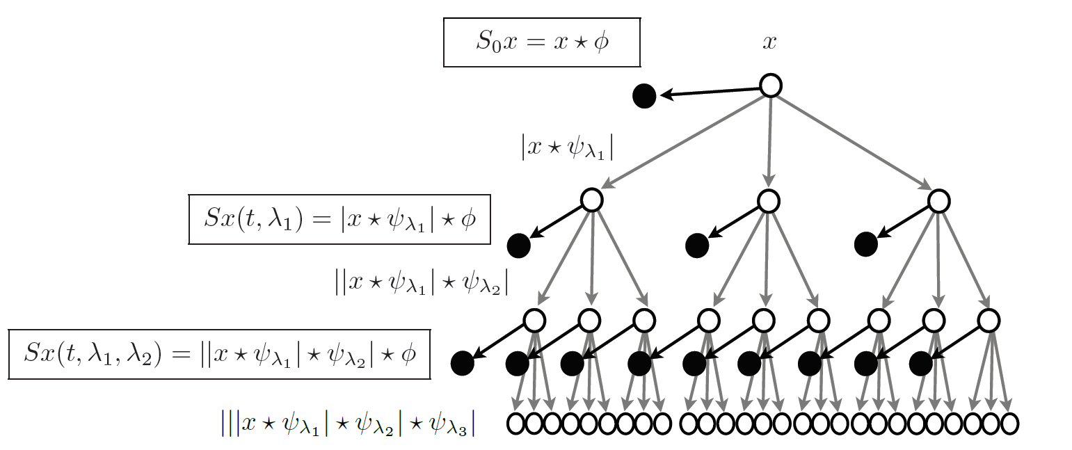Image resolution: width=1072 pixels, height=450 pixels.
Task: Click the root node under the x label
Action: coord(770,86)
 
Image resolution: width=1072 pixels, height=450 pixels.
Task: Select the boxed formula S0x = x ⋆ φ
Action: coord(541,42)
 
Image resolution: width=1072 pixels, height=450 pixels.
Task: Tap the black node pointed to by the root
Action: coord(644,96)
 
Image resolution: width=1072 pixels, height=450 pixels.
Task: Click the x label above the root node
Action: coord(769,42)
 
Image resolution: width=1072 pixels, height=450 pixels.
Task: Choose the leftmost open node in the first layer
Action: coord(591,200)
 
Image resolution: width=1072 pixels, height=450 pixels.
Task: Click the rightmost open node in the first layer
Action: coord(939,200)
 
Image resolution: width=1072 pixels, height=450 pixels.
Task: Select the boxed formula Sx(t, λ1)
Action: coord(339,219)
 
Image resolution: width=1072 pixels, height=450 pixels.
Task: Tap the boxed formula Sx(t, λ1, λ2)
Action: coord(219,354)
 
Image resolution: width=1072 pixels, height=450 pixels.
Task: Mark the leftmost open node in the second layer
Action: coord(534,320)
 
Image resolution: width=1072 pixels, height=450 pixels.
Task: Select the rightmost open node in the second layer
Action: coord(989,320)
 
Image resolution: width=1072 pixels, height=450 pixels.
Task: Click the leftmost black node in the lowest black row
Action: coord(462,362)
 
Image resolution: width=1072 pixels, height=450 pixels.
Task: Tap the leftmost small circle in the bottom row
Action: coord(515,422)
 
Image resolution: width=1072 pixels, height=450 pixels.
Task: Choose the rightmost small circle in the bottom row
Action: coord(1009,422)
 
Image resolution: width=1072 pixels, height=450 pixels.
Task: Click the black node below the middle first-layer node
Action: coord(696,245)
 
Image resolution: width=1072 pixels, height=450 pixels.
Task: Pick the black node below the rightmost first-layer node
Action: coord(866,245)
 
